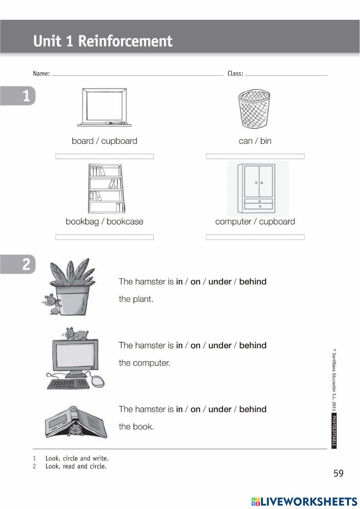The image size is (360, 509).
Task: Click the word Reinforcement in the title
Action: click(x=125, y=41)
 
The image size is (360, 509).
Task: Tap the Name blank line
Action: click(x=138, y=74)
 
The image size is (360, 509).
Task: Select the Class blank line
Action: click(x=286, y=74)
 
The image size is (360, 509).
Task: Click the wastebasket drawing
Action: click(x=254, y=109)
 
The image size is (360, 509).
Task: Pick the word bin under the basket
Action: click(x=266, y=141)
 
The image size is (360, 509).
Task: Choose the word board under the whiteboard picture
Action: click(x=82, y=141)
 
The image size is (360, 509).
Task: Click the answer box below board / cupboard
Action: click(x=104, y=156)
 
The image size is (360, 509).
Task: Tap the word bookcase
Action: click(x=125, y=222)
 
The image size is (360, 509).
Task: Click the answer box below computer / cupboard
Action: click(x=255, y=237)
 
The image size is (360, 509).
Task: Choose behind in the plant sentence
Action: click(x=253, y=282)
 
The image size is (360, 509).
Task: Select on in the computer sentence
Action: click(x=195, y=345)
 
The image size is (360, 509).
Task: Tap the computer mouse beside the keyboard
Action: click(x=97, y=380)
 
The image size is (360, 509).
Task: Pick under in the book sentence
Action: click(x=220, y=409)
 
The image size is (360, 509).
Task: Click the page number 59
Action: click(x=338, y=473)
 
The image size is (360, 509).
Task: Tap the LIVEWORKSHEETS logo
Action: click(x=304, y=501)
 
